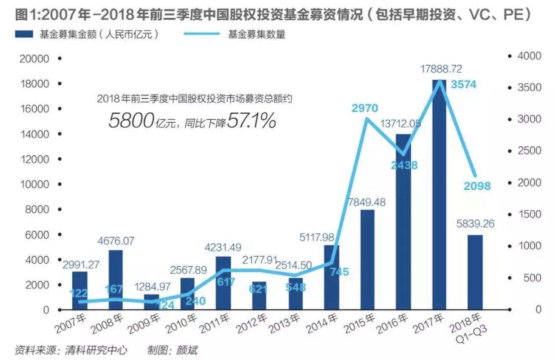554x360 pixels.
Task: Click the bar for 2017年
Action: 439,194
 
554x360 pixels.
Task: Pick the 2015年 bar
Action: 367,259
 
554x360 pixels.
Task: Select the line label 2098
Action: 477,185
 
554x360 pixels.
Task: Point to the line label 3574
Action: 463,85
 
